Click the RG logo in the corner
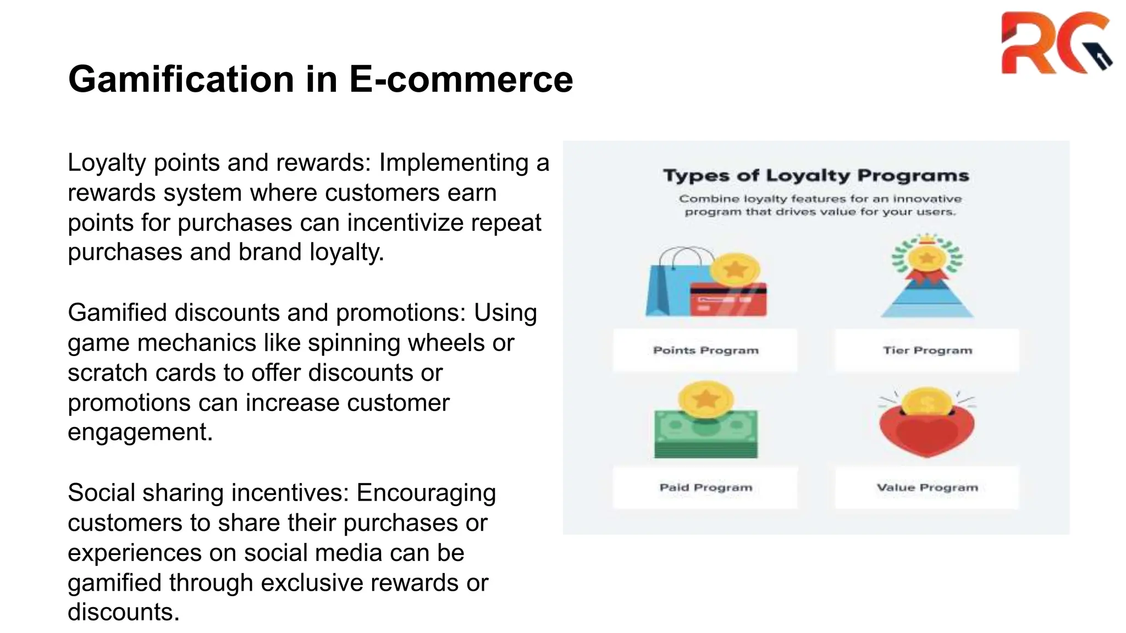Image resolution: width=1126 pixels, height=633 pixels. (1055, 43)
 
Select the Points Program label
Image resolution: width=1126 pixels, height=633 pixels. (705, 351)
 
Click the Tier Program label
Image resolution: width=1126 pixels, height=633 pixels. (927, 351)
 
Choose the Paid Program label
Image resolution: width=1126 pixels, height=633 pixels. (705, 487)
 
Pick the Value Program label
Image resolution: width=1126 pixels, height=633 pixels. (927, 487)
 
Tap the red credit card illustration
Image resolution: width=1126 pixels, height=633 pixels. (728, 299)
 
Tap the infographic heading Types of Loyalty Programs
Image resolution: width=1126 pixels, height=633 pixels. (816, 176)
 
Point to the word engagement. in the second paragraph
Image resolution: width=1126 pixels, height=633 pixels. (140, 432)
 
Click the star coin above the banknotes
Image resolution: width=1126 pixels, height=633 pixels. (705, 399)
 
